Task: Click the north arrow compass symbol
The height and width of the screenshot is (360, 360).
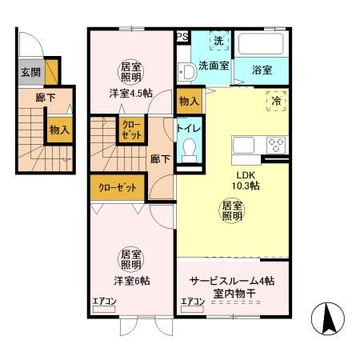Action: point(328,322)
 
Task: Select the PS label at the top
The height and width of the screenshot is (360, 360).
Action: point(182,36)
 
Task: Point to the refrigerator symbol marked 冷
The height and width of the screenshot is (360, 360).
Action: point(275,102)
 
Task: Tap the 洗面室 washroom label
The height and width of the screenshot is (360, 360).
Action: point(214,66)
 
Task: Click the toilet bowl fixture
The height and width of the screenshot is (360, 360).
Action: point(189,150)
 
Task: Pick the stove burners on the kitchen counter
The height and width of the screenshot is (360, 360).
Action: point(277,145)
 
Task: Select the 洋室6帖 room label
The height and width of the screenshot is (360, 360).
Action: point(131,281)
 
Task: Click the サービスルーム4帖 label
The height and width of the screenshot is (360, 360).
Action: point(232,281)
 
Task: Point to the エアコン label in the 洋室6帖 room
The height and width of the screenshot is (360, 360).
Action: point(105,302)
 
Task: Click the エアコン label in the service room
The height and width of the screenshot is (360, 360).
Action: point(192,302)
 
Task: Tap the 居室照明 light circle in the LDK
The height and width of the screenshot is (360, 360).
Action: point(232,211)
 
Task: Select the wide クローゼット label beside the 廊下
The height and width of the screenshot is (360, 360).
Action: point(116,188)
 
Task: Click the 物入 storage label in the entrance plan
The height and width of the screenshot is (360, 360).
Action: point(58,129)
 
